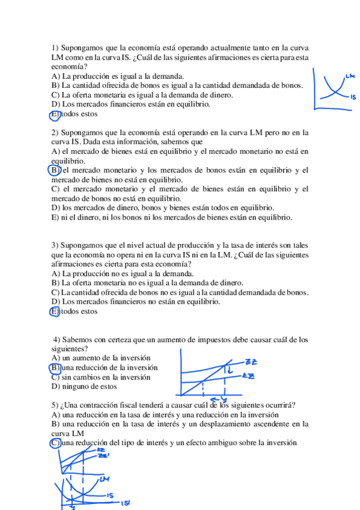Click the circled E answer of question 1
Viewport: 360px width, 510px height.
pos(55,114)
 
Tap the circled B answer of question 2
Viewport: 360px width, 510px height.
pos(55,170)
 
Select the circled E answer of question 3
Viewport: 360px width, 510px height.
pos(55,311)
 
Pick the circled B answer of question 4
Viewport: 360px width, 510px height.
pos(55,367)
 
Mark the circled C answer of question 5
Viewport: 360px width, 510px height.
pos(55,443)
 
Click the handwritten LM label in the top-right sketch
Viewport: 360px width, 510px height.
pos(350,76)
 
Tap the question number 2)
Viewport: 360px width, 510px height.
pos(55,132)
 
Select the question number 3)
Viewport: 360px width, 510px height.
pos(55,245)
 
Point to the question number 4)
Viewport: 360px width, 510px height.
pos(57,339)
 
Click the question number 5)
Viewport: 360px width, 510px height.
pos(55,405)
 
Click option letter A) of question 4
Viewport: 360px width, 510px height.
pos(56,358)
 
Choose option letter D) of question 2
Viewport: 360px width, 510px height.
pos(56,207)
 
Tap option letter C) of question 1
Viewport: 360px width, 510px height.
pos(56,94)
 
